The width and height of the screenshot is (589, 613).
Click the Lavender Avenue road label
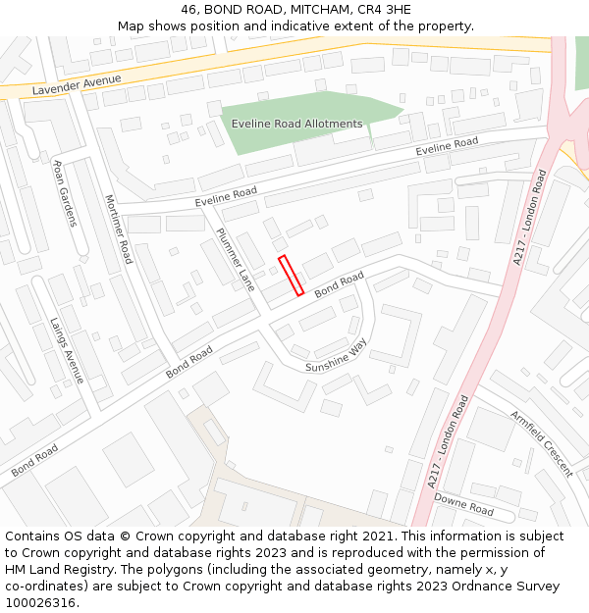(77, 85)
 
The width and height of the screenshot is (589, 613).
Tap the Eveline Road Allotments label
(297, 124)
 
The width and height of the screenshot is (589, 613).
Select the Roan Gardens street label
(65, 193)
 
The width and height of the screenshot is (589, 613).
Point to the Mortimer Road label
(118, 229)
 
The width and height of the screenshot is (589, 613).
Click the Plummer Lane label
(236, 259)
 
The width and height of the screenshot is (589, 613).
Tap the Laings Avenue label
(68, 349)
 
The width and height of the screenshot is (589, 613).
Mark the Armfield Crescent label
(541, 443)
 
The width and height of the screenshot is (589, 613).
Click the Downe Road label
(463, 504)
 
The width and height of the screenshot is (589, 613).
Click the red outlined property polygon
(291, 276)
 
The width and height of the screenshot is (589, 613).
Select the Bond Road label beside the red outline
(339, 284)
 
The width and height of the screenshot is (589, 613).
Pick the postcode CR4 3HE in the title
(386, 10)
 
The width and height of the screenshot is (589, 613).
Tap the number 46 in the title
(188, 10)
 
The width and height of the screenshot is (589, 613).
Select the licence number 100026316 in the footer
(39, 602)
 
